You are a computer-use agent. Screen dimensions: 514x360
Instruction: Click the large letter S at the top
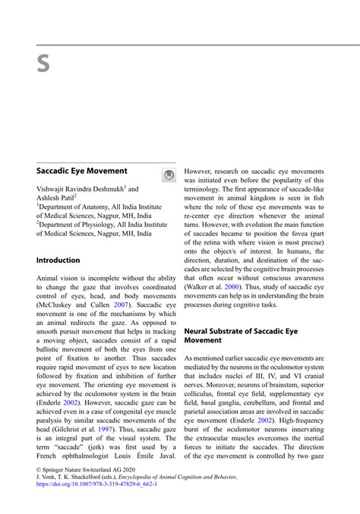click(43, 65)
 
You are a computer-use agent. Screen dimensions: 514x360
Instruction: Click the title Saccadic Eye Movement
click(81, 172)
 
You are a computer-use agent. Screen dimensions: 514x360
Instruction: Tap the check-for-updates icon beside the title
click(169, 175)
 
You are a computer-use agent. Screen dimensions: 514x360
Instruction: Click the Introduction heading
click(58, 260)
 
